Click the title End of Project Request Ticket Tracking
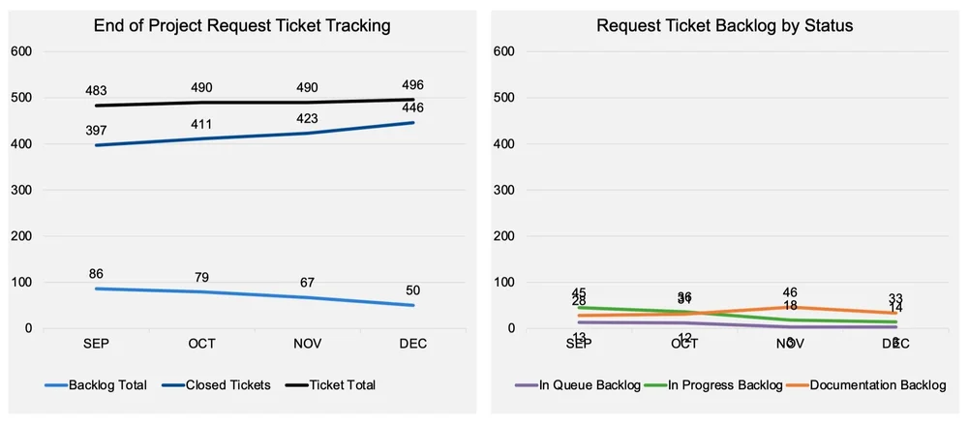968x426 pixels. coord(242,26)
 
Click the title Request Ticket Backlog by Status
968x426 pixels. coord(724,26)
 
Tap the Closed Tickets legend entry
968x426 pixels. coord(224,384)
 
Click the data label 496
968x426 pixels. coord(412,85)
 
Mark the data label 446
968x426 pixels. coord(412,107)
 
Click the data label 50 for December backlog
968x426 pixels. coord(412,289)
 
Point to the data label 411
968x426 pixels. coord(201,124)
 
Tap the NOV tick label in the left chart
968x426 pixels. coord(307,344)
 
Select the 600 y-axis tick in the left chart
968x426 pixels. coord(21,51)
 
